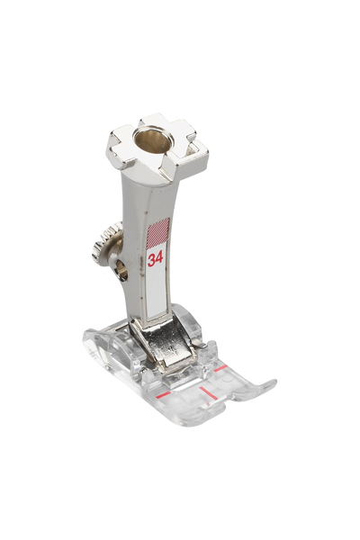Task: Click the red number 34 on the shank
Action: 155,258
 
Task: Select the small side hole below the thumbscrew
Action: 122,269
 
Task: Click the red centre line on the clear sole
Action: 206,392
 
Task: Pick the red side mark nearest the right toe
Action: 220,368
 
